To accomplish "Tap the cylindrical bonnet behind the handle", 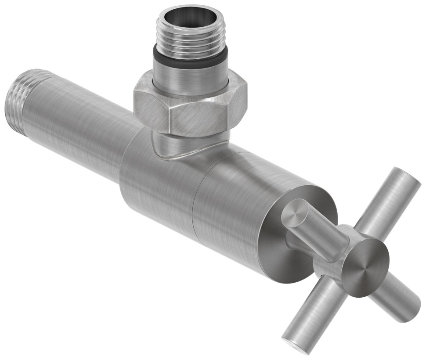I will click(x=233, y=211).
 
